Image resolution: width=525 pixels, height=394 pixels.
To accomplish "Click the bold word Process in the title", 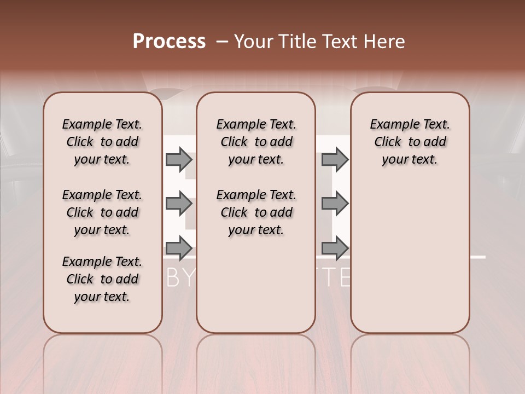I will click(169, 42).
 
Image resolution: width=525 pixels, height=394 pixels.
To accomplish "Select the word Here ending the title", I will click(386, 42).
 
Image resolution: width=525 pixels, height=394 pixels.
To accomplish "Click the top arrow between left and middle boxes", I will click(179, 159).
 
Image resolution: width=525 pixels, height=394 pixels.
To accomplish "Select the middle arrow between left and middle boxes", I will click(179, 204).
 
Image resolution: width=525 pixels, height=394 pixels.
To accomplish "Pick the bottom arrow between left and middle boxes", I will click(179, 248).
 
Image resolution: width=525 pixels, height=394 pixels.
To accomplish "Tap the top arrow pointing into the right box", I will click(335, 159).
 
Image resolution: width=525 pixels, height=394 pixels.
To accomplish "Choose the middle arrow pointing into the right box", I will click(335, 204).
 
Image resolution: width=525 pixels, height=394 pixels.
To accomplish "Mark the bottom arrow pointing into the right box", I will click(335, 248).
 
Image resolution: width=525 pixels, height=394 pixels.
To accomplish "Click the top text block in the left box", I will click(102, 142).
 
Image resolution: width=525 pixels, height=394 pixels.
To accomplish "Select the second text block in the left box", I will click(102, 212).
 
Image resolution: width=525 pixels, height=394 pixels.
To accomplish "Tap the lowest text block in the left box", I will click(102, 279).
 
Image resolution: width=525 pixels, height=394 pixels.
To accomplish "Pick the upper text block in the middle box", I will click(256, 142).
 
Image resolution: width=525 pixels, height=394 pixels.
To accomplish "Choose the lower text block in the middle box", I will click(256, 212).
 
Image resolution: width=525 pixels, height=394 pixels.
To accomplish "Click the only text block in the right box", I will click(410, 142).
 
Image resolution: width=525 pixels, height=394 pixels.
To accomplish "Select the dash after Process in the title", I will click(222, 42).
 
